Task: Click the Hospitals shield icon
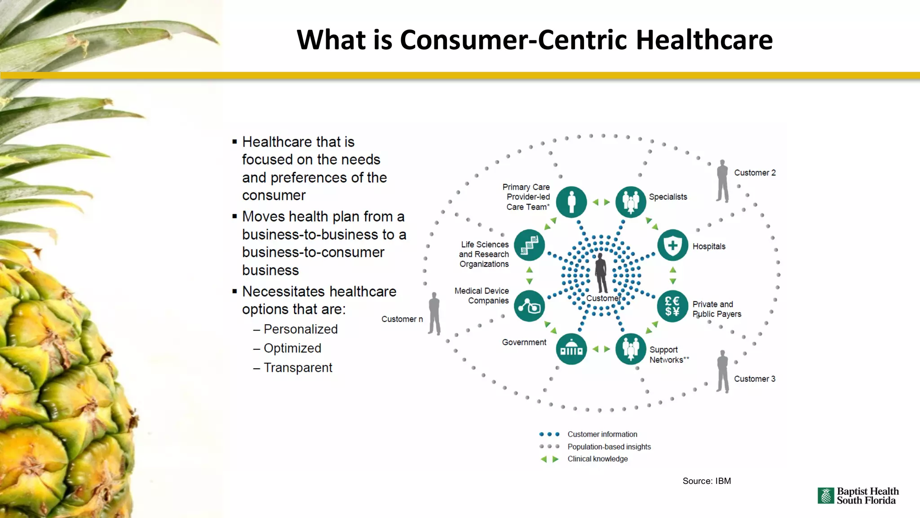(672, 246)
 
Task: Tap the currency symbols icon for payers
(672, 306)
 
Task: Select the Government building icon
(571, 349)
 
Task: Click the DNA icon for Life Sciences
(529, 246)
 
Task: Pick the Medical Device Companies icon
(529, 306)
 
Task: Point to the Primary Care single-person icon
(571, 202)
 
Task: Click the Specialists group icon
(630, 202)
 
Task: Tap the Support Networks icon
(630, 349)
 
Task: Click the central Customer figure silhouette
(601, 272)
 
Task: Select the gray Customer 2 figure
(722, 181)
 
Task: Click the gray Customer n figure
(434, 313)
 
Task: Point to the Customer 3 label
(754, 379)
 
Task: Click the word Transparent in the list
(298, 368)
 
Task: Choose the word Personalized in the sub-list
(301, 329)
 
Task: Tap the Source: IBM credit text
(707, 481)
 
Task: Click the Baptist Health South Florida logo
(858, 496)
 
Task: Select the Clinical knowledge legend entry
(597, 459)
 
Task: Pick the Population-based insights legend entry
(609, 447)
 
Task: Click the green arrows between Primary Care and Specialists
(601, 202)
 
